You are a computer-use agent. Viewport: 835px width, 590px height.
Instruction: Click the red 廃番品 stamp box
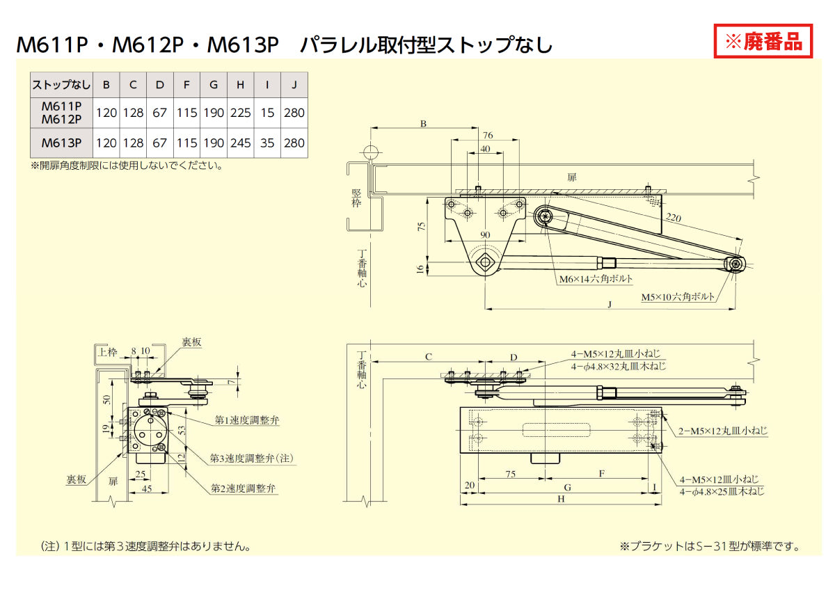pyautogui.click(x=763, y=41)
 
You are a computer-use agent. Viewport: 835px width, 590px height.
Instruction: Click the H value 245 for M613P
pyautogui.click(x=240, y=143)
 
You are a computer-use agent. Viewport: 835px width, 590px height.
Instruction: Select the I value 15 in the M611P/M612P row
pyautogui.click(x=267, y=113)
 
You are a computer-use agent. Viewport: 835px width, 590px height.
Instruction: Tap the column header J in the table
pyautogui.click(x=294, y=85)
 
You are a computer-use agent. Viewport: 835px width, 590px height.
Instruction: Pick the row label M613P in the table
pyautogui.click(x=61, y=143)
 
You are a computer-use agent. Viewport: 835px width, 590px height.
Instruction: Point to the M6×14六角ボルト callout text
pyautogui.click(x=596, y=279)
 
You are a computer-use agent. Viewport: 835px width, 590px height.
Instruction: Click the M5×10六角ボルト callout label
pyautogui.click(x=677, y=297)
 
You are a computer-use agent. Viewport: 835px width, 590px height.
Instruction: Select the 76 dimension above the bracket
pyautogui.click(x=487, y=135)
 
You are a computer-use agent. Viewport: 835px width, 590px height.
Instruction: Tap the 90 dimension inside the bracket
pyautogui.click(x=485, y=234)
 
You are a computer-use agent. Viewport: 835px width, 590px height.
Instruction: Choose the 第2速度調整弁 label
pyautogui.click(x=244, y=488)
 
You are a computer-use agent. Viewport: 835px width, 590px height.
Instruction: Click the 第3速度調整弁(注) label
pyautogui.click(x=253, y=459)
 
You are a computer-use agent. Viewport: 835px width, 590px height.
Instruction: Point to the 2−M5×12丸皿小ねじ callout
pyautogui.click(x=723, y=431)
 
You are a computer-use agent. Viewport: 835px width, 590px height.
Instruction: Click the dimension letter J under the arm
pyautogui.click(x=610, y=304)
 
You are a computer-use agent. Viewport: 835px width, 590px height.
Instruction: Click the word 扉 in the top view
pyautogui.click(x=572, y=177)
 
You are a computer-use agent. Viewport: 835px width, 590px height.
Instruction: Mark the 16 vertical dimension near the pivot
pyautogui.click(x=420, y=268)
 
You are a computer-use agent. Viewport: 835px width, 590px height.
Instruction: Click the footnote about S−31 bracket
pyautogui.click(x=710, y=546)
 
